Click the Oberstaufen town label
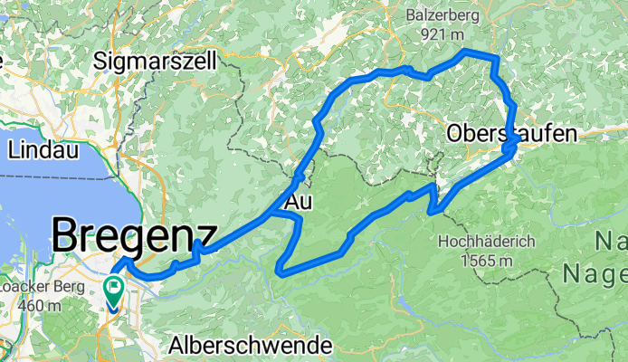click(511, 135)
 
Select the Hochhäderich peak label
click(487, 242)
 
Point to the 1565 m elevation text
click(487, 261)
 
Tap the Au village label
click(299, 204)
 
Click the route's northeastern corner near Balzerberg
click(494, 58)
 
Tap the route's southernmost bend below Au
click(281, 268)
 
